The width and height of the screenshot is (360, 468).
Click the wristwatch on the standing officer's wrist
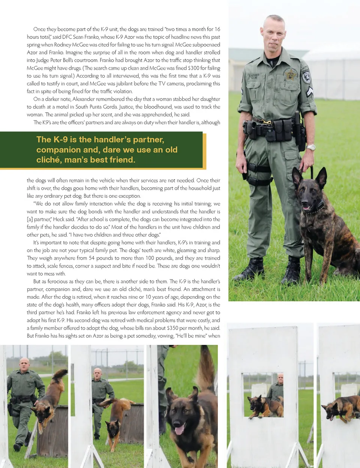[x=310, y=147]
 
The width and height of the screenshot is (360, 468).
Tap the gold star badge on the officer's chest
[x=290, y=75]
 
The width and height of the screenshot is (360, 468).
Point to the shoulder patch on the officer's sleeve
[x=306, y=77]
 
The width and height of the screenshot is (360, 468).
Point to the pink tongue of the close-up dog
[x=179, y=429]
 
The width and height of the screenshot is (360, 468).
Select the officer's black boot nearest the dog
[x=292, y=270]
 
